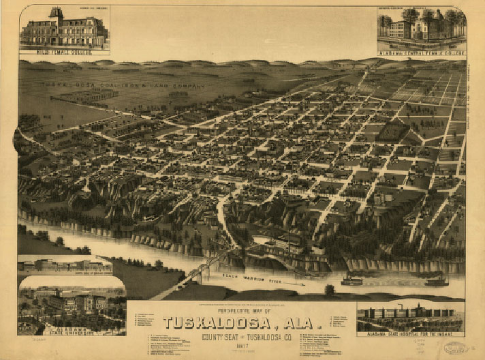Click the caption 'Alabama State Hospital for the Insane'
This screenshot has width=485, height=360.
(x=409, y=335)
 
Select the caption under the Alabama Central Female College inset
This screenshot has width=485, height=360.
(x=420, y=52)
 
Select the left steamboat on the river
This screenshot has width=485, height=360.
(x=351, y=280)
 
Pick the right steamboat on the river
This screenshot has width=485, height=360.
(x=435, y=280)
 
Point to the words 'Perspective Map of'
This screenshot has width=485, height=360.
(x=242, y=309)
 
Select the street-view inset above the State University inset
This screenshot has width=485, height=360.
(x=64, y=265)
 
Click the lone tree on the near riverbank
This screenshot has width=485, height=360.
(x=329, y=290)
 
